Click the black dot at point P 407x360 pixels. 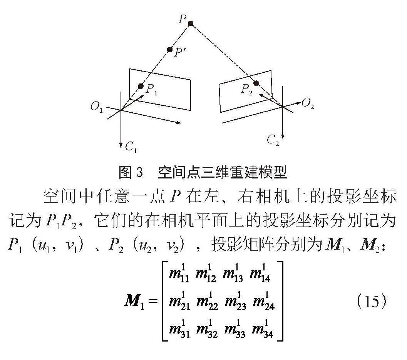click(191, 23)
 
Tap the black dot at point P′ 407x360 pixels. click(170, 50)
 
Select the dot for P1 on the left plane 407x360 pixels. click(141, 86)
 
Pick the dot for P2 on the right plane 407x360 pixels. click(256, 83)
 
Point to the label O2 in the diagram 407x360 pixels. click(308, 104)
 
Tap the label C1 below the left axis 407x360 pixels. click(131, 147)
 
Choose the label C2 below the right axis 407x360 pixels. click(273, 140)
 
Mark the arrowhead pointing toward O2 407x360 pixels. click(298, 103)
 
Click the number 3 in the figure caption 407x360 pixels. click(139, 172)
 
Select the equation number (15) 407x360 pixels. click(372, 301)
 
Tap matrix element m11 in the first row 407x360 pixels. click(179, 273)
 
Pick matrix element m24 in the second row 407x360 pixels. click(263, 302)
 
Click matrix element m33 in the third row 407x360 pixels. click(234, 329)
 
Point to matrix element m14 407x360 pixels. click(260, 273)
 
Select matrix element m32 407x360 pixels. click(207, 329)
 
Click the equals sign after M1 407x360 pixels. click(153, 302)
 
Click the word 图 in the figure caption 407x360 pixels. click(125, 172)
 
